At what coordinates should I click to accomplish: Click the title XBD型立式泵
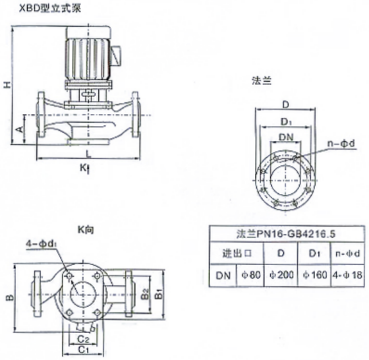(50, 9)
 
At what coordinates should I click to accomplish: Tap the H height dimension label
(7, 85)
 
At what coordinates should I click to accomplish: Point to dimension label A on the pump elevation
(20, 129)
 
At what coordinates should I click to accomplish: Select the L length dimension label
(88, 154)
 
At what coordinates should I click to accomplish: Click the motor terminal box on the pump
(116, 55)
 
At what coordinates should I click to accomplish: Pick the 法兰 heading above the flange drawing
(262, 80)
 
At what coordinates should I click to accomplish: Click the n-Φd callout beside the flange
(341, 144)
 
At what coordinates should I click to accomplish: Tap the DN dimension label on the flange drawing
(286, 137)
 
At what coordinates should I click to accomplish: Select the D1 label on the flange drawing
(287, 122)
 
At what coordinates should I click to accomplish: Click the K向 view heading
(86, 229)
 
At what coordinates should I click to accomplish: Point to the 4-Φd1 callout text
(41, 244)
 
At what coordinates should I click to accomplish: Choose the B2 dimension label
(146, 293)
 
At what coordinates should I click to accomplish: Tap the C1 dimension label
(83, 349)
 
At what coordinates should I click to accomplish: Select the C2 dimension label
(83, 340)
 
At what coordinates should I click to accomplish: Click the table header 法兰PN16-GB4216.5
(286, 234)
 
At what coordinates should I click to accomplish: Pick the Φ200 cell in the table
(281, 275)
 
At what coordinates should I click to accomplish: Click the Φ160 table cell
(315, 275)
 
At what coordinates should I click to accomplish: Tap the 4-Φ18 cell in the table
(347, 275)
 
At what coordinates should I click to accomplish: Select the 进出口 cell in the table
(237, 253)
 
